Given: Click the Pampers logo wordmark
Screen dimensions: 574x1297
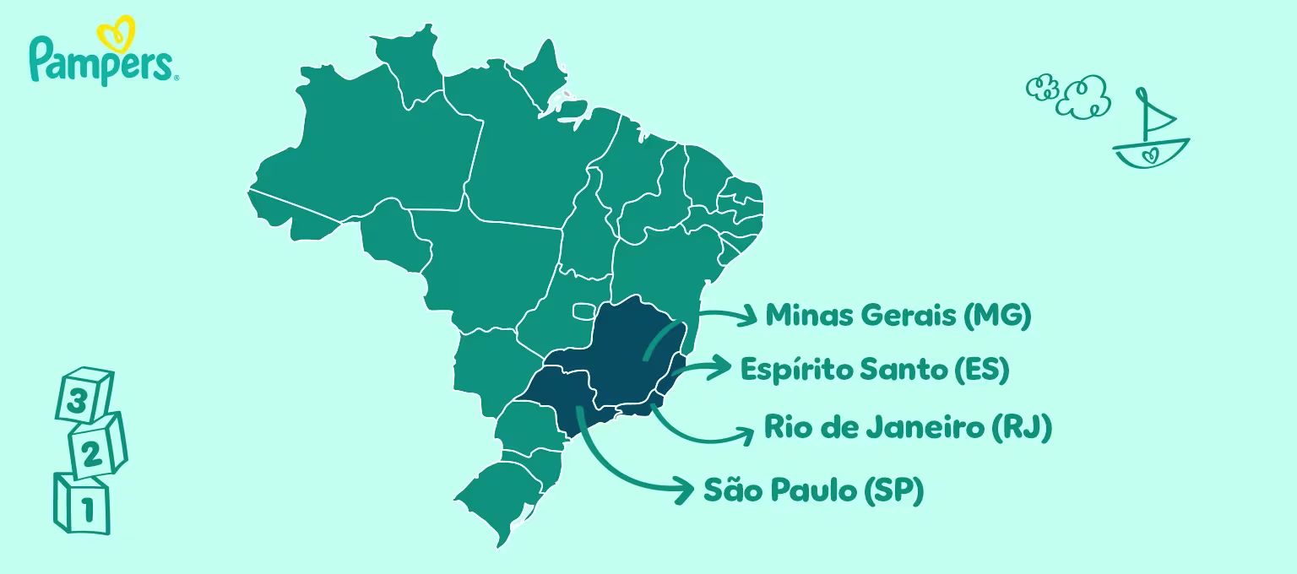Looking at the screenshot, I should point(101,61).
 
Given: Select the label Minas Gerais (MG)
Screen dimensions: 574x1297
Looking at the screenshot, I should point(898,316).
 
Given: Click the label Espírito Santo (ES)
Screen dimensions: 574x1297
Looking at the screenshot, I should point(874,370).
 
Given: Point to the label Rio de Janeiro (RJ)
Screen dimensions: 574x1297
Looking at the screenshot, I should point(907,427).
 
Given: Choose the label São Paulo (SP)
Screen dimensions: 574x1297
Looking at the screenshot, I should point(812,490).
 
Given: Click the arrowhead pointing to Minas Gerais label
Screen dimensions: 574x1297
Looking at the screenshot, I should point(748,317).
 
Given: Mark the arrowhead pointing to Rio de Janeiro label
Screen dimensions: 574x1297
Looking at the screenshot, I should point(746,435).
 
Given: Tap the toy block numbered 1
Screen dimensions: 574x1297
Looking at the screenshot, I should point(83,505).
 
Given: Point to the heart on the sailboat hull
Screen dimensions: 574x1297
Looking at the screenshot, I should point(1149,155).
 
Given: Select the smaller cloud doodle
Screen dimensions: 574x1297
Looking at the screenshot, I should point(1043,88).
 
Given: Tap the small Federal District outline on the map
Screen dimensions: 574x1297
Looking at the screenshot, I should point(583,311).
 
